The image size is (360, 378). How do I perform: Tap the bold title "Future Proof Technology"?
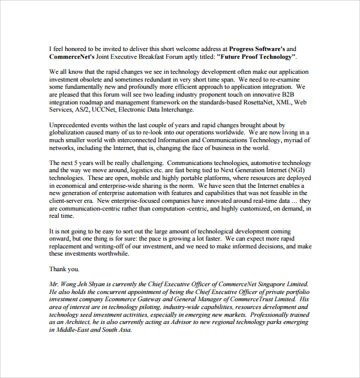pyautogui.click(x=256, y=56)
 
